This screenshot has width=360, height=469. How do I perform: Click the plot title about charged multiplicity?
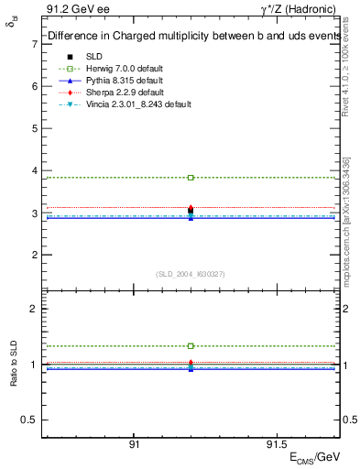pos(192,37)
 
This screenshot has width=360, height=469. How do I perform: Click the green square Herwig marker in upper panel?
pos(191,177)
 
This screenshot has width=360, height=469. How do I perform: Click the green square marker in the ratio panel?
pos(191,346)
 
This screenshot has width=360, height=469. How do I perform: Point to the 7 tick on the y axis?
pos(34,43)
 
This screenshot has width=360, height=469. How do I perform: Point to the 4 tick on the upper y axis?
pos(34,170)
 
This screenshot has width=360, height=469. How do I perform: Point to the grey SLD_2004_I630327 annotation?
pos(191,273)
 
